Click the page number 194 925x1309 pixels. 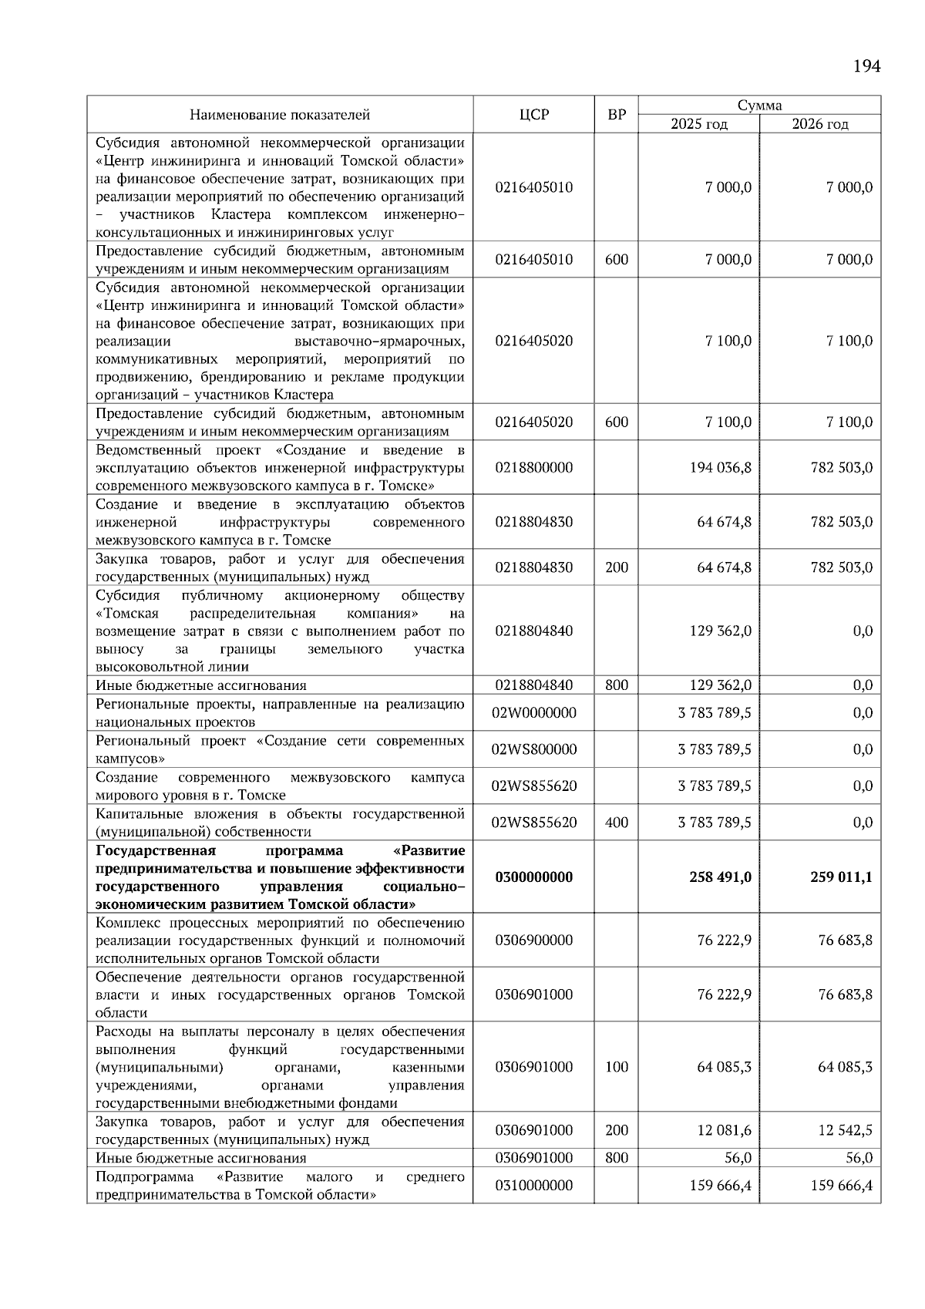click(866, 66)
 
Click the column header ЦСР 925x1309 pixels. click(533, 115)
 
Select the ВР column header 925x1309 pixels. click(617, 115)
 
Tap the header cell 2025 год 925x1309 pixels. click(698, 124)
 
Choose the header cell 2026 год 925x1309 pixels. click(820, 124)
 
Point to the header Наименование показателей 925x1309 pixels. click(280, 115)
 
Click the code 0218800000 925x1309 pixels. click(534, 467)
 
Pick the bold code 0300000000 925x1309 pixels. click(534, 877)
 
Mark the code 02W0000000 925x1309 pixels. click(534, 713)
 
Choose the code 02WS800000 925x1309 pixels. click(534, 749)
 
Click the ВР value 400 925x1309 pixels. click(617, 823)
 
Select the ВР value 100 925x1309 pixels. click(617, 1067)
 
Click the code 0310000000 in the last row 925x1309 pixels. click(534, 1186)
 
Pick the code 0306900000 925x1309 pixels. click(534, 941)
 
